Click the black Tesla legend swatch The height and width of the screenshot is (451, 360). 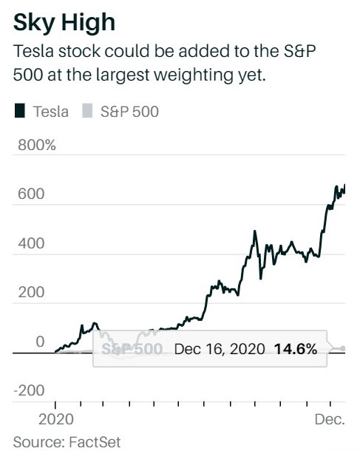tap(19, 112)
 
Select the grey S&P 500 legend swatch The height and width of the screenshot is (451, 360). tap(86, 112)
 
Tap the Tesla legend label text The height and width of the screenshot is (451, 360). tap(51, 112)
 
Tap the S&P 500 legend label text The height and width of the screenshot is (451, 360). tap(129, 112)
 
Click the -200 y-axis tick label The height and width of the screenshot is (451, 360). tap(28, 390)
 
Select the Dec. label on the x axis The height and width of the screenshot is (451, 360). tap(330, 420)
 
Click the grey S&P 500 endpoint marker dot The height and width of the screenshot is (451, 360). tap(342, 348)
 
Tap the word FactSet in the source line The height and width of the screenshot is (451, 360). tap(95, 442)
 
